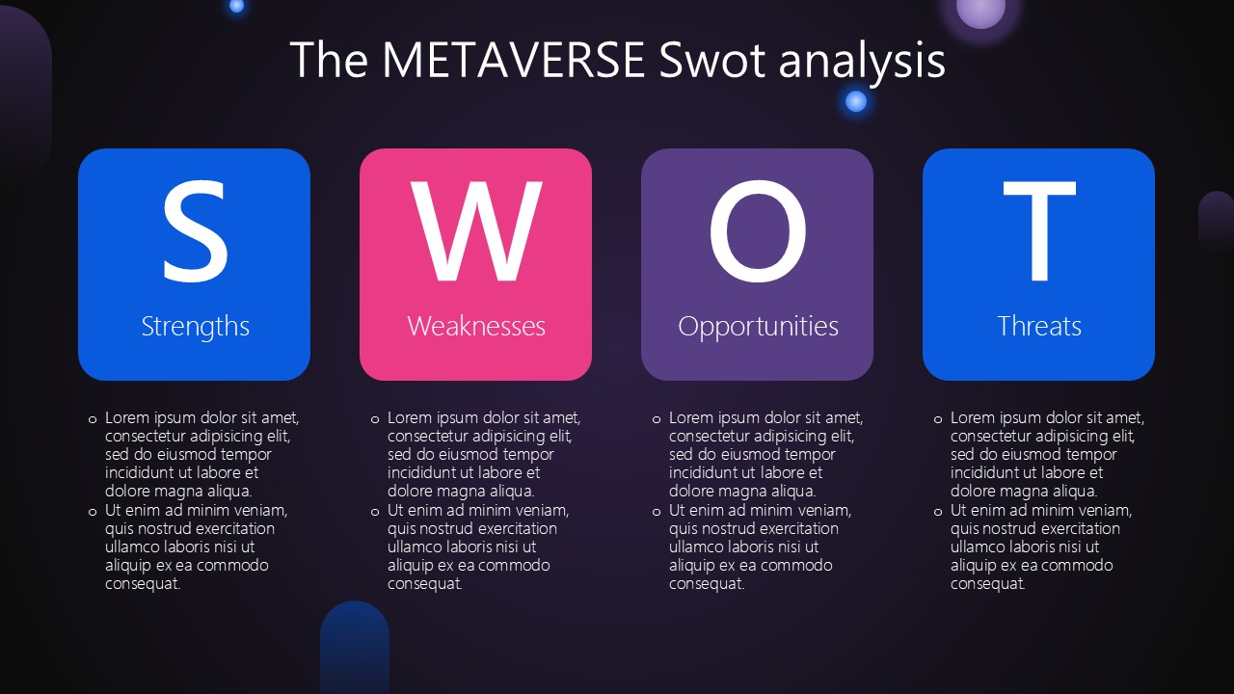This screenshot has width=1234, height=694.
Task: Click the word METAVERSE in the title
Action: (514, 60)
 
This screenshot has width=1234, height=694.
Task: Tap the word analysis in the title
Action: (862, 63)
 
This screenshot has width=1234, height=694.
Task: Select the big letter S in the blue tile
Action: (195, 231)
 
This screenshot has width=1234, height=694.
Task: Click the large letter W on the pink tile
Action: (476, 231)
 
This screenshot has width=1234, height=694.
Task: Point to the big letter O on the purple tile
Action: (758, 231)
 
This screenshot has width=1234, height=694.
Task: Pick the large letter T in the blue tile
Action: (1039, 231)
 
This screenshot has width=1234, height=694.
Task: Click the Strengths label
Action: (195, 327)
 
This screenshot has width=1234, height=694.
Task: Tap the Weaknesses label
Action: (476, 326)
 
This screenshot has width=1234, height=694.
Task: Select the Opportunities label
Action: (758, 327)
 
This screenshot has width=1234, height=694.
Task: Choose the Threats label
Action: (1039, 326)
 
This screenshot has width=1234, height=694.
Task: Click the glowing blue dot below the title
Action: (855, 101)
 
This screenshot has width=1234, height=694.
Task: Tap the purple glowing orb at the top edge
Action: (980, 11)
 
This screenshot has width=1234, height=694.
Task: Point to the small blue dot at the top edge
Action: (236, 6)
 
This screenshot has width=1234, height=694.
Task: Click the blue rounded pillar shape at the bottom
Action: (355, 648)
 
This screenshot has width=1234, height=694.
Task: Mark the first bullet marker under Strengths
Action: (93, 419)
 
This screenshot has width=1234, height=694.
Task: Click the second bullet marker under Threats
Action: (938, 512)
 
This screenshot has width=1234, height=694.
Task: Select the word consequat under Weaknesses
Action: (425, 584)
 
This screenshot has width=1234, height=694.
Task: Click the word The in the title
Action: (329, 60)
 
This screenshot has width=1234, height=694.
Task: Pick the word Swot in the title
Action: (711, 60)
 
